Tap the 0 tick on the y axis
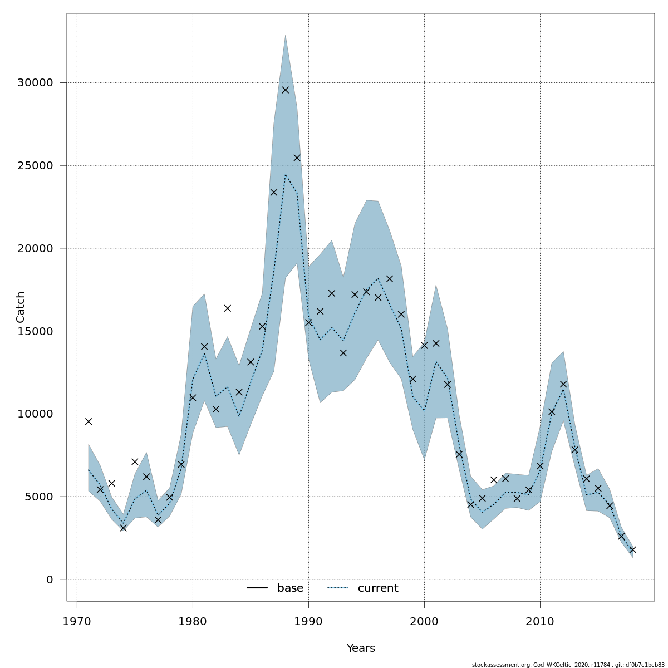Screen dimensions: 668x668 point(50,579)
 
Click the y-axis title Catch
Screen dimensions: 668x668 point(21,307)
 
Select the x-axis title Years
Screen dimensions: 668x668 point(361,649)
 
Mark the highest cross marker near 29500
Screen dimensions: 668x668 point(285,90)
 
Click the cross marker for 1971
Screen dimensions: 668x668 point(89,421)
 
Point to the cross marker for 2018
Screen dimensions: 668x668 point(632,549)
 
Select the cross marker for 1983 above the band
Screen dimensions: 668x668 point(227,308)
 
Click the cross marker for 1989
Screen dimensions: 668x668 point(297,158)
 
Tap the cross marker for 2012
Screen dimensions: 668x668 point(563,384)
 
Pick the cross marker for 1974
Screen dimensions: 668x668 point(123,528)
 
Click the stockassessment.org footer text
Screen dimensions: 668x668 point(568,665)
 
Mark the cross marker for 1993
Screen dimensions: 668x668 point(343,353)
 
